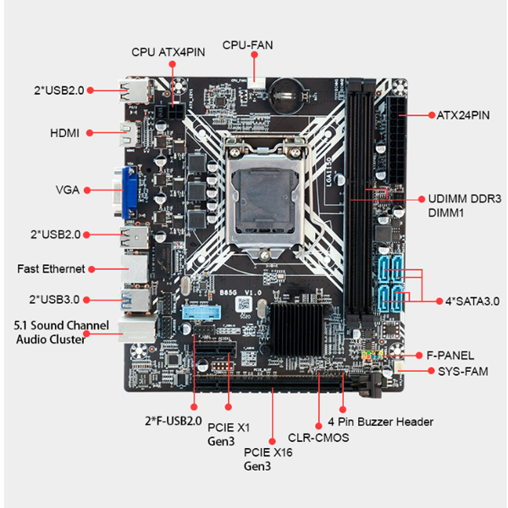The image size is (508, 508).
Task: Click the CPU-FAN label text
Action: click(x=247, y=45)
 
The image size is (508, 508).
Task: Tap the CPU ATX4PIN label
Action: click(x=168, y=52)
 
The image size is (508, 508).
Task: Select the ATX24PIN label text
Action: click(x=463, y=115)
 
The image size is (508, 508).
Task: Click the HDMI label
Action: click(x=65, y=133)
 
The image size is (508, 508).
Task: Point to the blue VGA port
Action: click(x=130, y=191)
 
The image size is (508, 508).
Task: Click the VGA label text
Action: click(x=68, y=190)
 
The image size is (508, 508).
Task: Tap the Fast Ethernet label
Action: click(x=51, y=269)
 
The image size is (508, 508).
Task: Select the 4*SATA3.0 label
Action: click(x=472, y=301)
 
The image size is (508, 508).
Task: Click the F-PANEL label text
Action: click(x=450, y=356)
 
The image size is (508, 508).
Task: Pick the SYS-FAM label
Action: click(x=463, y=372)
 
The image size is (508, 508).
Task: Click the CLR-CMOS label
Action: click(x=318, y=438)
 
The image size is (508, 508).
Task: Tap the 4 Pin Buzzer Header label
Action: click(x=381, y=422)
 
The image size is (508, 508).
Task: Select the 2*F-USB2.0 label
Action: click(x=174, y=421)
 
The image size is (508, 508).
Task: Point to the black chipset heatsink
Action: click(x=296, y=329)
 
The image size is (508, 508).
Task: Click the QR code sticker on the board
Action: click(x=244, y=304)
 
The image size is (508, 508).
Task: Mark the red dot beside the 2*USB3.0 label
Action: click(x=86, y=300)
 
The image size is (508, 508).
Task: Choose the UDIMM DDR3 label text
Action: click(x=465, y=199)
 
